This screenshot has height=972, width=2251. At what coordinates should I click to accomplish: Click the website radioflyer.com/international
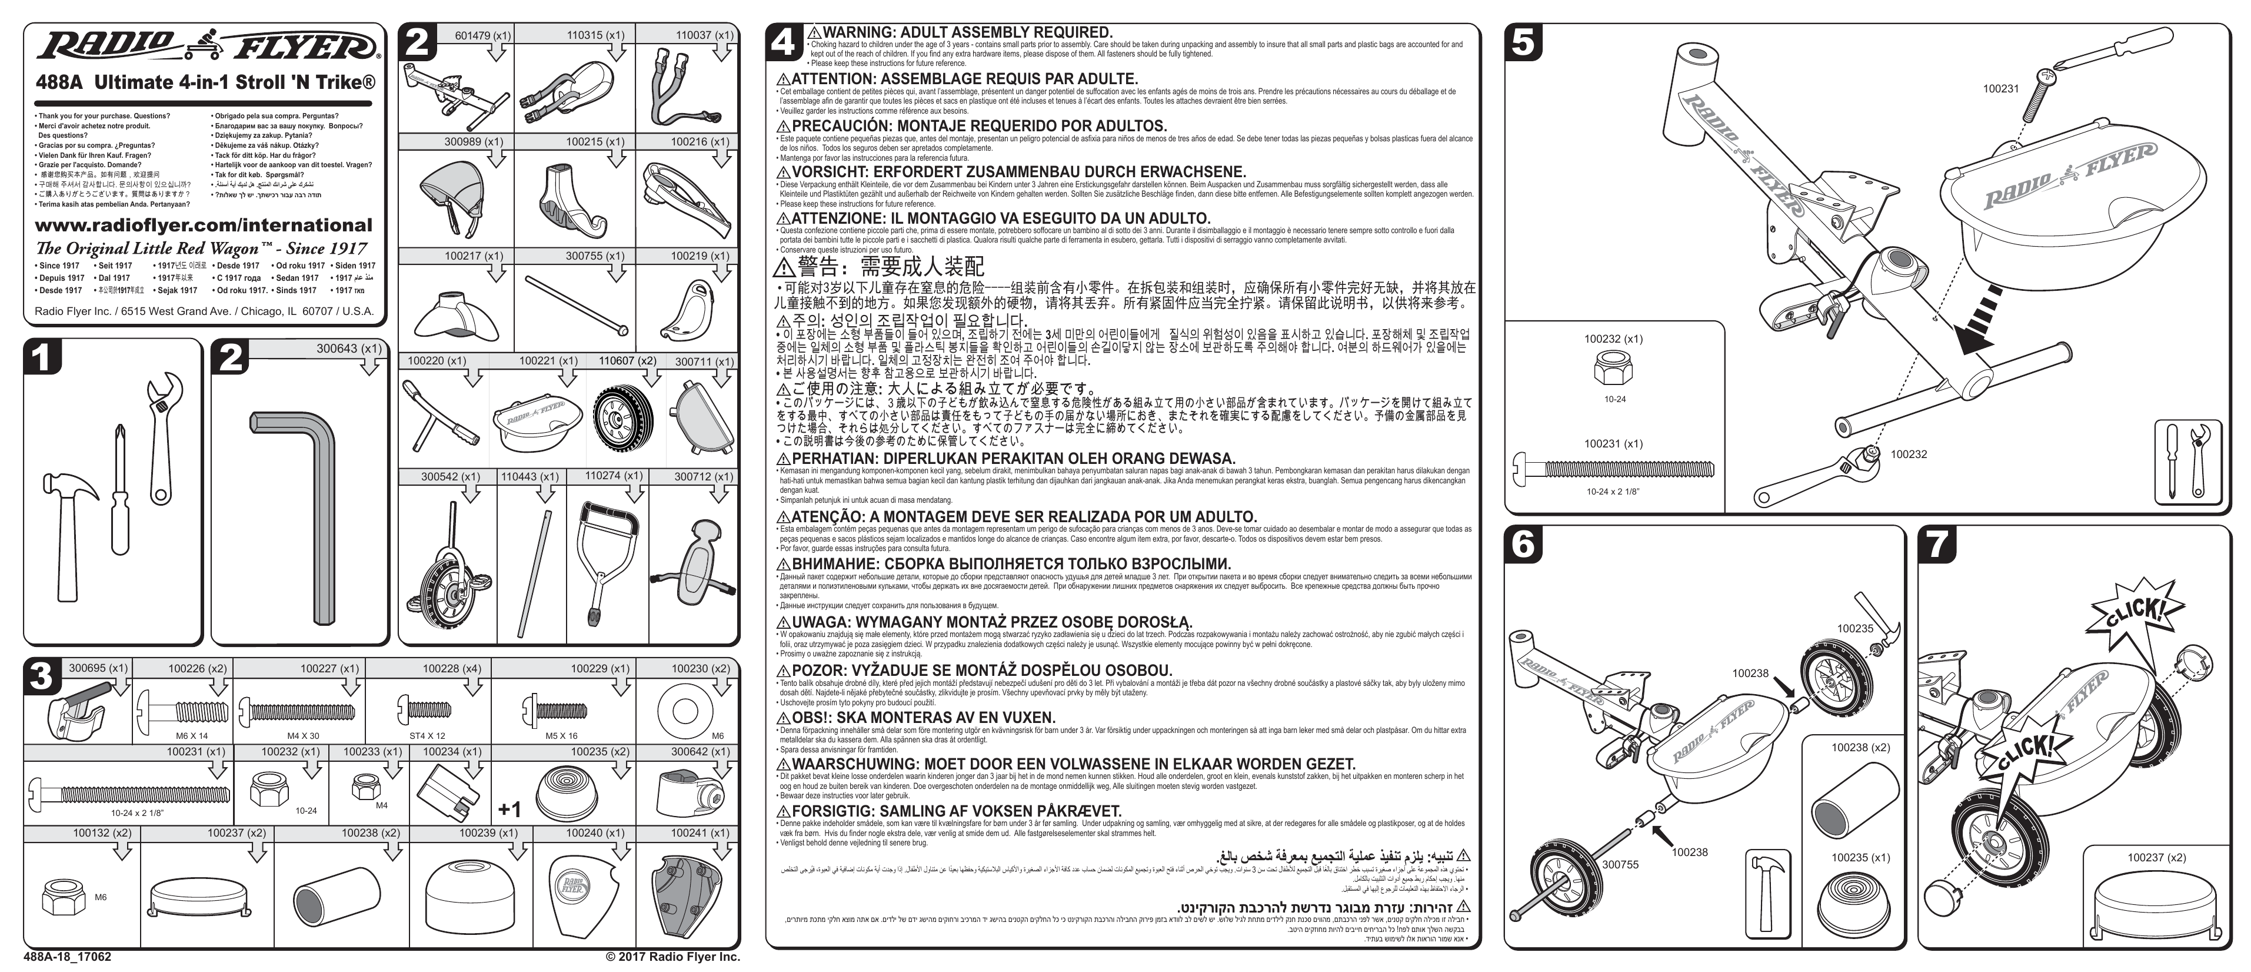203,225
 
